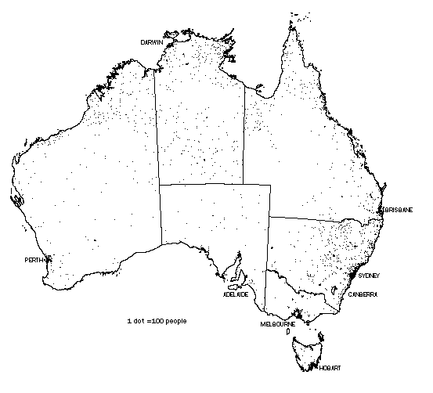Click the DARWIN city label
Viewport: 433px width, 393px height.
pos(152,41)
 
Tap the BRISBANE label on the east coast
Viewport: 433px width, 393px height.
pos(397,210)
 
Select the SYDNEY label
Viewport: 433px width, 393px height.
pos(368,276)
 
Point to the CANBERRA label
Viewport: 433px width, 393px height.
pos(363,294)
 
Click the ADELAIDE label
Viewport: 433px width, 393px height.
pos(236,295)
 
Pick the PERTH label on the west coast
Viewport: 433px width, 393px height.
pos(34,259)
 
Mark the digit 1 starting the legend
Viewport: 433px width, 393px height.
pos(128,321)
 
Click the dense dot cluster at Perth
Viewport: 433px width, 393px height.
pos(49,259)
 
